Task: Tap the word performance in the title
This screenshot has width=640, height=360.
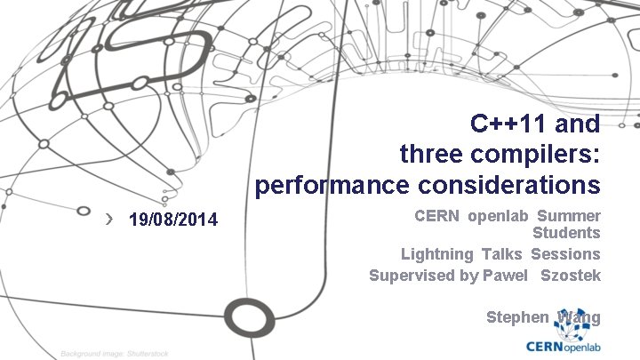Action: click(x=324, y=185)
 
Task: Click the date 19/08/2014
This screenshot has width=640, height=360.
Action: click(x=172, y=219)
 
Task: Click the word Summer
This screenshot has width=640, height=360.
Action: click(x=569, y=216)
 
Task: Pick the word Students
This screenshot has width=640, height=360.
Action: click(x=566, y=233)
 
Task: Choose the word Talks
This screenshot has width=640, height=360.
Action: click(x=502, y=254)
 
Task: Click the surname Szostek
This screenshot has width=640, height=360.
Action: click(x=571, y=276)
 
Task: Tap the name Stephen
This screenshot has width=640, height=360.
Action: click(x=517, y=317)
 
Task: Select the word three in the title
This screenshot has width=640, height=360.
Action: click(x=431, y=154)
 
